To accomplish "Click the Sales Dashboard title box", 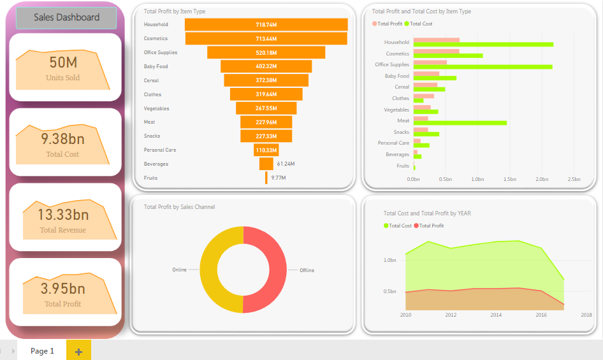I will click(x=66, y=18).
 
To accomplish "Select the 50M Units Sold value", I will click(x=62, y=62).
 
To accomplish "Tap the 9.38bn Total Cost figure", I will click(x=62, y=139).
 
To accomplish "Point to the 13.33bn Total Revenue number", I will click(x=62, y=214).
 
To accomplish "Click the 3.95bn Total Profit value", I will click(x=62, y=289).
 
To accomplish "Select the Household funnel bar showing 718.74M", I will click(x=266, y=25).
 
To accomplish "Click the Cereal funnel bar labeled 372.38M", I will click(x=266, y=80).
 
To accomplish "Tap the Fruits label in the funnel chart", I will click(x=150, y=178).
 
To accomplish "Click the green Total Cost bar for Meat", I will click(x=460, y=122).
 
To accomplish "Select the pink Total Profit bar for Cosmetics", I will click(x=436, y=51).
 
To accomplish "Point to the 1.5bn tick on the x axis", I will click(x=509, y=180).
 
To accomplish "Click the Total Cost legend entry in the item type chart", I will click(x=421, y=24).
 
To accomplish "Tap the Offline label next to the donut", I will click(x=307, y=270).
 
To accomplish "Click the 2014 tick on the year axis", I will click(x=496, y=315).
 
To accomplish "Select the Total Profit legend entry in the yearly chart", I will click(x=431, y=226).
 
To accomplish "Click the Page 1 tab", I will click(x=42, y=351).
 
